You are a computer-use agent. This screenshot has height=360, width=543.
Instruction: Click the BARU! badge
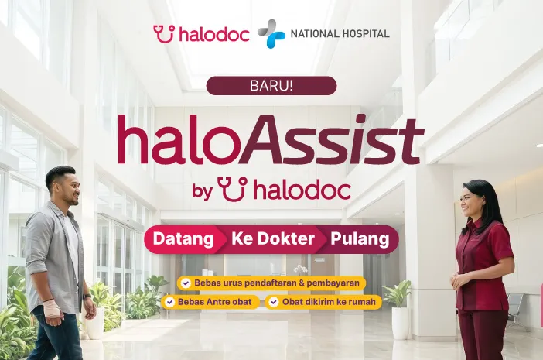point(271,86)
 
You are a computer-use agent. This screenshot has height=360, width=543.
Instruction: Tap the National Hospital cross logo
point(271,33)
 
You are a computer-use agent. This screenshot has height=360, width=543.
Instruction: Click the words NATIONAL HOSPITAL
point(340,34)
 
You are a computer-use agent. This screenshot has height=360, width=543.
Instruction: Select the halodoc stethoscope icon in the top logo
point(164,34)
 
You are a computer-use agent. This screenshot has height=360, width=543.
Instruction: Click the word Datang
point(183,239)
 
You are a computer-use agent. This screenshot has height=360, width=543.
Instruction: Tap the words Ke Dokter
point(273,238)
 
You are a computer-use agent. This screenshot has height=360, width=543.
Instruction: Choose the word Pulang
point(360,239)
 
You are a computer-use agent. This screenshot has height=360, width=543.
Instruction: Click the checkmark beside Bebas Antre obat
point(169,302)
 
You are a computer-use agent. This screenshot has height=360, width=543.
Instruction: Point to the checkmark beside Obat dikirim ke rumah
point(274,302)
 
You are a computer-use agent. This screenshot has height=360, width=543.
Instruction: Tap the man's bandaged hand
point(52,310)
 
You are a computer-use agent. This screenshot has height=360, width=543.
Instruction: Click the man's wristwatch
point(87,297)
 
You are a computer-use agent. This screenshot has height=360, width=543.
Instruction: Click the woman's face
point(470,202)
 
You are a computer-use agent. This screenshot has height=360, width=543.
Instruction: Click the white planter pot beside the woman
point(401,323)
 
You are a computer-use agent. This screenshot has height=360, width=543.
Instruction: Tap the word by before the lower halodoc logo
point(202,192)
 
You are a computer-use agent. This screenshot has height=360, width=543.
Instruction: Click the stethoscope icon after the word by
point(233,189)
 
